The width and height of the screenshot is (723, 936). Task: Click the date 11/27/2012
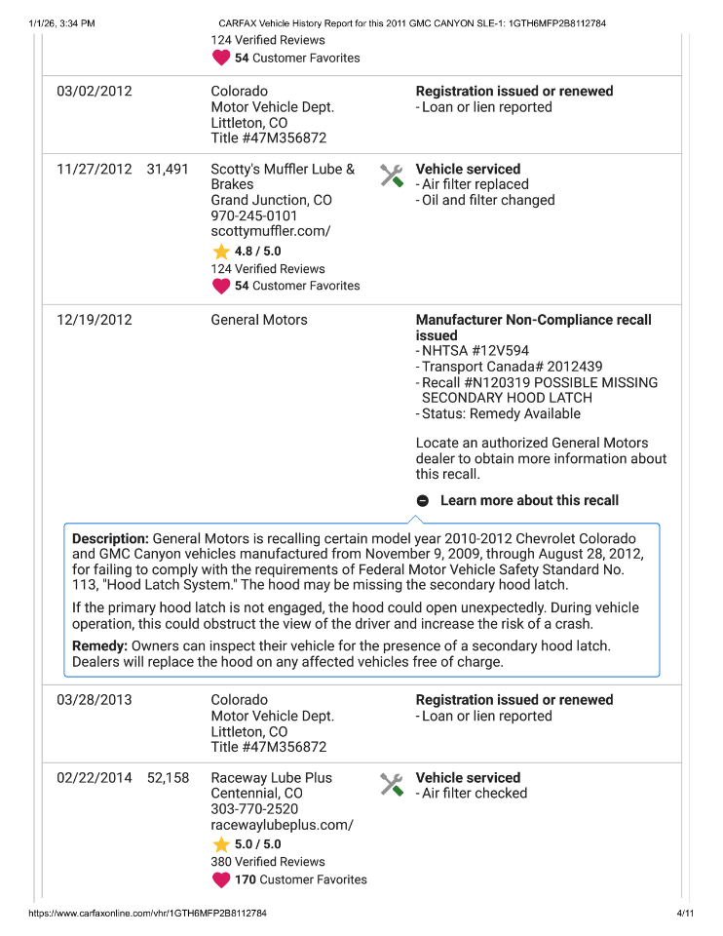tap(94, 169)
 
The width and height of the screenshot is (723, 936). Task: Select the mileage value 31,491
tap(168, 169)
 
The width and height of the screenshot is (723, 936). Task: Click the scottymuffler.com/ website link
tap(271, 231)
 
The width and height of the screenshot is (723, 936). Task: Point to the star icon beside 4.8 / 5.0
tap(221, 252)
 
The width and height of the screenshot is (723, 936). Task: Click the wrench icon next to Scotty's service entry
tap(392, 175)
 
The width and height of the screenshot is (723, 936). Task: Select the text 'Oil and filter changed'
tap(488, 200)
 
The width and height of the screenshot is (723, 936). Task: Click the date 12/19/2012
tap(94, 320)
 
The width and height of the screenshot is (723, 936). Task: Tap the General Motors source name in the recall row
tap(259, 320)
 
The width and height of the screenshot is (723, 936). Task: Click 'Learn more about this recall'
tap(529, 500)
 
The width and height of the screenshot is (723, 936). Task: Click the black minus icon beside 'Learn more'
tap(423, 500)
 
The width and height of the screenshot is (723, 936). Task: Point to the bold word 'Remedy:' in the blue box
tap(99, 646)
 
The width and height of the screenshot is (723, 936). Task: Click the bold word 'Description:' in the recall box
tap(110, 538)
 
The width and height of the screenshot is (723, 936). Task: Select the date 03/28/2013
tap(94, 700)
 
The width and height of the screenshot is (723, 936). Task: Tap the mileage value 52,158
tap(168, 778)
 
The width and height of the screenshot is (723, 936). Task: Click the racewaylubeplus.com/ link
tap(282, 825)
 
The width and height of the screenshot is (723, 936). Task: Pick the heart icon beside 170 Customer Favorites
tap(221, 879)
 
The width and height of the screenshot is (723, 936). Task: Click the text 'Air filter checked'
tap(475, 794)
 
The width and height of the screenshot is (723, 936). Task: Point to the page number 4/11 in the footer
tap(684, 914)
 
